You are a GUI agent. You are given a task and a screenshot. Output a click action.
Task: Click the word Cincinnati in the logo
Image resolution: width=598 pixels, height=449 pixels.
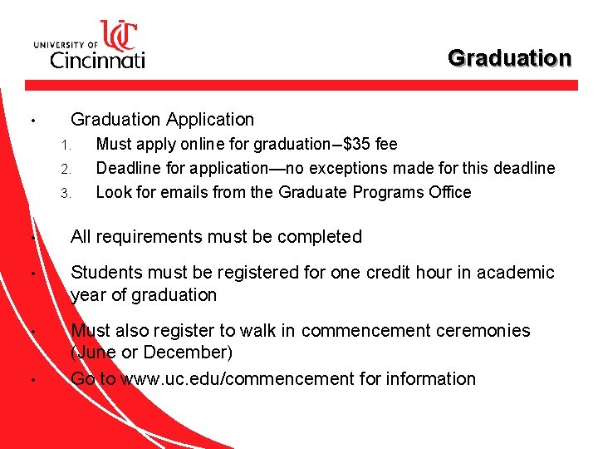[97, 58]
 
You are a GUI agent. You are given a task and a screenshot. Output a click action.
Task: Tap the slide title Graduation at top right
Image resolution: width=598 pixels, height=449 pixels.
[509, 58]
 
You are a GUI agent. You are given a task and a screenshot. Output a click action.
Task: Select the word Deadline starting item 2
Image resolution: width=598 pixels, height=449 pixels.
[128, 168]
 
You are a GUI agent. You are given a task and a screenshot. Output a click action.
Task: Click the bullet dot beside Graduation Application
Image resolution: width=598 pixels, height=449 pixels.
[30, 121]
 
